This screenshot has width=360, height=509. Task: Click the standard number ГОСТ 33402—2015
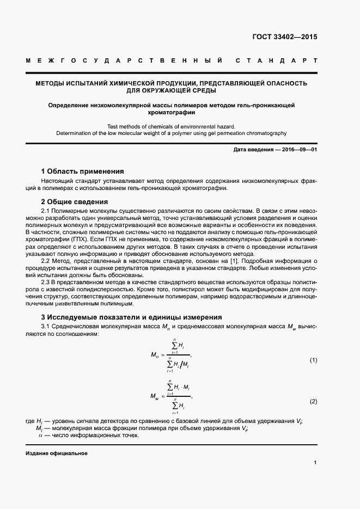(285, 38)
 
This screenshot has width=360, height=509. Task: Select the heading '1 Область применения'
(83, 171)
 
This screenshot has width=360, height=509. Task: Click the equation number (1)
(313, 360)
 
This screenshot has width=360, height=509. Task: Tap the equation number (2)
(313, 401)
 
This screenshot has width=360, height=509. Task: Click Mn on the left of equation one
(155, 355)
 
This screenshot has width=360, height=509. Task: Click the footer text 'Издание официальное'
(57, 453)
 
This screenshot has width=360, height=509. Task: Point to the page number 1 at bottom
(315, 462)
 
